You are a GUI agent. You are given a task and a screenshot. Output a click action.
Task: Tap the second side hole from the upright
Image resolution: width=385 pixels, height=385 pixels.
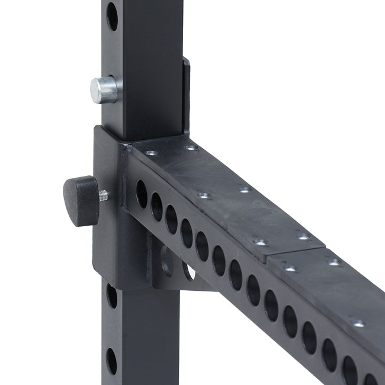click(x=156, y=206)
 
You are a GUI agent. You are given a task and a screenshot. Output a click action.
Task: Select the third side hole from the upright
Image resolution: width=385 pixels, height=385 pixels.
click(x=171, y=219)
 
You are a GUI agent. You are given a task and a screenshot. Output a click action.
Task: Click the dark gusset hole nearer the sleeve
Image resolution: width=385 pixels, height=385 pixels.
click(x=166, y=261)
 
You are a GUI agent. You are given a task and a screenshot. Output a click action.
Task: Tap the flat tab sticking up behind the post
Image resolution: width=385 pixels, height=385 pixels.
click(x=186, y=95)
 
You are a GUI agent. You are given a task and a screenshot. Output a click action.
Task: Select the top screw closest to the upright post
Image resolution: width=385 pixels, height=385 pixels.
click(x=152, y=152)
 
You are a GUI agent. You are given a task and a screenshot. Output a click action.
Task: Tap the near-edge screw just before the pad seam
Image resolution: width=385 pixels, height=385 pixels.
click(x=259, y=242)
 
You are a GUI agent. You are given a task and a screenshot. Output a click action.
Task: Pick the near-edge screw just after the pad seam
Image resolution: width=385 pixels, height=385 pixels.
click(x=290, y=268)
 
